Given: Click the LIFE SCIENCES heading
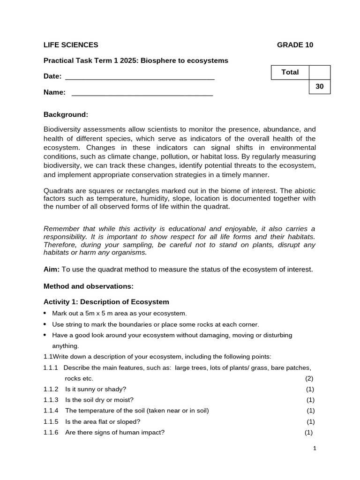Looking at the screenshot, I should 71,45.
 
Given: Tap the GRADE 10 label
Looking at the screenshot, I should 295,45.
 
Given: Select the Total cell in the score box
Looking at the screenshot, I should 290,72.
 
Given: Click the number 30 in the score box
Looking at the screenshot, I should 320,87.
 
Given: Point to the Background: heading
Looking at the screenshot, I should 66,114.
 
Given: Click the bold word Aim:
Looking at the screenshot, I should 52,269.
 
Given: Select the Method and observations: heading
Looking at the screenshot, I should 89,286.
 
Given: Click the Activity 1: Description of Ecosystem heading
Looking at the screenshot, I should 106,302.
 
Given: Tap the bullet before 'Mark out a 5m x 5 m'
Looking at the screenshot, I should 45,313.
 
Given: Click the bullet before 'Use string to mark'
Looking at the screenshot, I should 45,324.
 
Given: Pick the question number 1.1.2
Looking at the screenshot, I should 51,389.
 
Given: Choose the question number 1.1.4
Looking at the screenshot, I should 51,411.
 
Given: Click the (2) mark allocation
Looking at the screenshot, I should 309,378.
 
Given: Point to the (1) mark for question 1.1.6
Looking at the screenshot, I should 308,433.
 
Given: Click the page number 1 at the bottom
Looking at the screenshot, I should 315,449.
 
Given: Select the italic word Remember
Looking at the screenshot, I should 60,229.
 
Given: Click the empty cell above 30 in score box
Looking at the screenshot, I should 320,72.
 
